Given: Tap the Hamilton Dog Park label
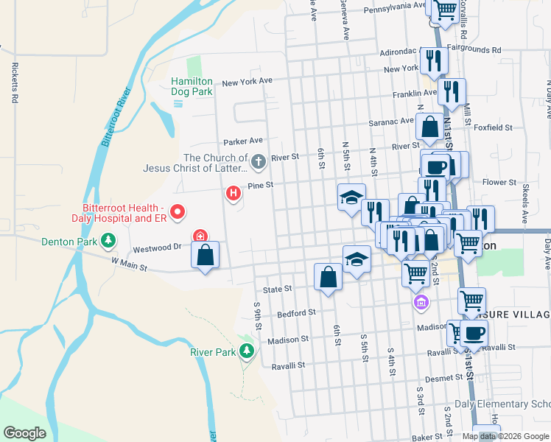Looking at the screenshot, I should pos(192,86).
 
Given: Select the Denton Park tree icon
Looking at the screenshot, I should pos(108,240).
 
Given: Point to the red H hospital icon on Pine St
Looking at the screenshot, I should pos(233,194).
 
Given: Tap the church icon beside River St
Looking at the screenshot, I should pos(258,161).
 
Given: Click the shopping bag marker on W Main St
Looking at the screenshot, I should pos(206,256).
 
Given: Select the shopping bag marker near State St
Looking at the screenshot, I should pos(328,277).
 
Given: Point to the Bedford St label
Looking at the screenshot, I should pos(296,314).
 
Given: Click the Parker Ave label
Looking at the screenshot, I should pos(243,141).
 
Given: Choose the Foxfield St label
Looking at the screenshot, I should pos(494,127).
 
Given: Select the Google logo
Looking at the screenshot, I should pos(25,433).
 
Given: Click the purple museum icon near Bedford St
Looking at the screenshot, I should pos(421,302).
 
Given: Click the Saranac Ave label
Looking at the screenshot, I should pos(392,121).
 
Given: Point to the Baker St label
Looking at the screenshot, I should pos(427,438).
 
